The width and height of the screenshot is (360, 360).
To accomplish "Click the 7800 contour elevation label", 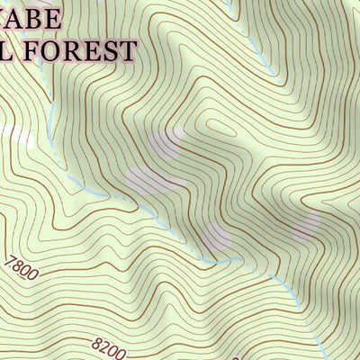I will [x=22, y=269].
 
